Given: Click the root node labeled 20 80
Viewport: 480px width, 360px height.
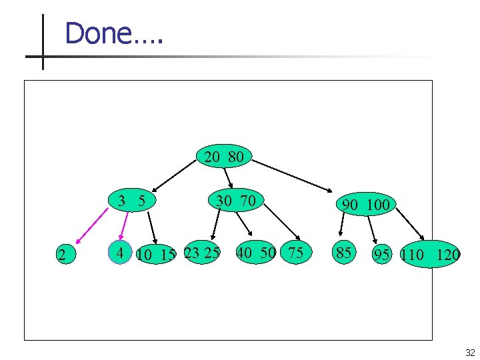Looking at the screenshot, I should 224,157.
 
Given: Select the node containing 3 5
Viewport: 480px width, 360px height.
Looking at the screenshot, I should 132,200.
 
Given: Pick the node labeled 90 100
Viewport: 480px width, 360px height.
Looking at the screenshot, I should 365,204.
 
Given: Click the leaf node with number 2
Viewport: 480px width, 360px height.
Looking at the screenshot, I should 62,254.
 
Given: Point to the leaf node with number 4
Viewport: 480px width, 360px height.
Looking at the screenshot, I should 120,253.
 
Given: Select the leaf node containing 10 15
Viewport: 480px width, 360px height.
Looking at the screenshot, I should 155,254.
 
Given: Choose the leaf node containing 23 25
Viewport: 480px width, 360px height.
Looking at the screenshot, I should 202,253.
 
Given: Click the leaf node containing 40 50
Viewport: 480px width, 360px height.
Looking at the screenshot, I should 256,253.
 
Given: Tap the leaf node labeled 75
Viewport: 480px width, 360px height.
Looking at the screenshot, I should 295,253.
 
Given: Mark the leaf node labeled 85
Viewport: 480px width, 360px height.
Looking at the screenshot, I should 344,253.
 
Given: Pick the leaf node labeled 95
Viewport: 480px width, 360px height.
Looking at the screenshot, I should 382,255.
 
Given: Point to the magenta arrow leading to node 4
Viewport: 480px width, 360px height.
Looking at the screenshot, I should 123,224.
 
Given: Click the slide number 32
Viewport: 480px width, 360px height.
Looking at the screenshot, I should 470,353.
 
